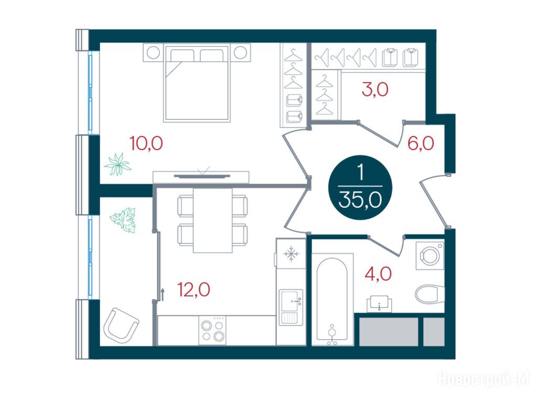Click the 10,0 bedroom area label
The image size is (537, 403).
click(146, 143)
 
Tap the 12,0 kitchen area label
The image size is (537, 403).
click(194, 290)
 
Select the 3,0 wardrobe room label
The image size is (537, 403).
click(375, 89)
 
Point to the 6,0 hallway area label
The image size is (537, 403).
click(421, 143)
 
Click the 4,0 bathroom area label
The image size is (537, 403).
click(378, 274)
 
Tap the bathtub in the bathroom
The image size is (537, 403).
click(331, 299)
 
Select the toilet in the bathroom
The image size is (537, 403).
click(430, 294)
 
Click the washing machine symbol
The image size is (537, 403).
click(430, 256)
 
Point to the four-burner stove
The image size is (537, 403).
click(212, 330)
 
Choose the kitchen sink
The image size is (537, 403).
click(291, 307)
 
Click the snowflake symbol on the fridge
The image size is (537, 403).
click(291, 254)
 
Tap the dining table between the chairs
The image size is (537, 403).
click(213, 220)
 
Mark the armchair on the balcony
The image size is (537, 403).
click(121, 323)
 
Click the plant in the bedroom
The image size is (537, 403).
click(118, 164)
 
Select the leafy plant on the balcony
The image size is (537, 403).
click(123, 220)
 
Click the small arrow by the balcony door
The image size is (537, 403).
click(163, 294)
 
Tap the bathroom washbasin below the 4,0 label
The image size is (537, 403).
click(380, 304)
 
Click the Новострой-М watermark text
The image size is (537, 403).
click(484, 379)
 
